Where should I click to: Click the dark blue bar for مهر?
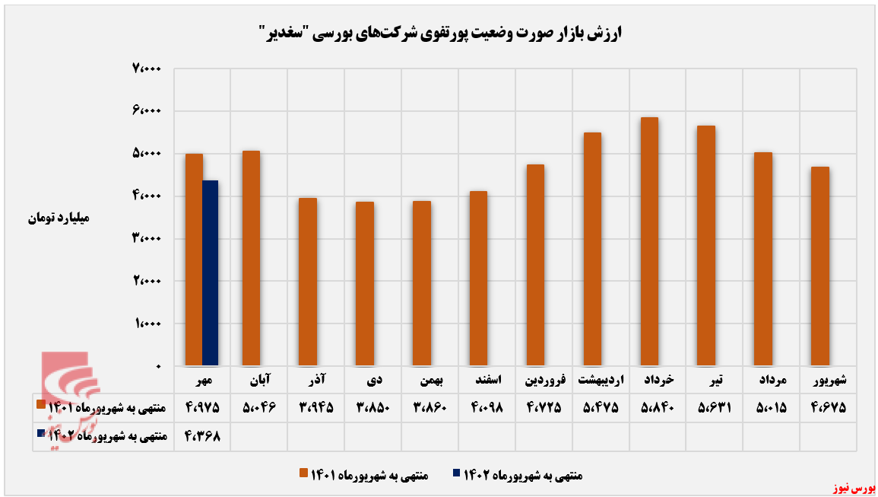(x=210, y=273)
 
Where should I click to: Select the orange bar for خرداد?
(x=649, y=242)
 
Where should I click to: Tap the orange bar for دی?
(x=364, y=284)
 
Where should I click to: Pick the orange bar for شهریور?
(x=819, y=266)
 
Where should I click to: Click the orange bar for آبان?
(x=251, y=259)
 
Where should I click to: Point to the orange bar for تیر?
(x=706, y=246)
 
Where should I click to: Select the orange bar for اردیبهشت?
(x=592, y=250)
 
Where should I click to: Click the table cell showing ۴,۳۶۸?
(x=202, y=437)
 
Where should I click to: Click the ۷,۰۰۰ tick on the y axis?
(x=147, y=69)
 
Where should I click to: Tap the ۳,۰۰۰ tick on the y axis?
(x=147, y=239)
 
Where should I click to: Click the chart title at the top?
(x=439, y=33)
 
